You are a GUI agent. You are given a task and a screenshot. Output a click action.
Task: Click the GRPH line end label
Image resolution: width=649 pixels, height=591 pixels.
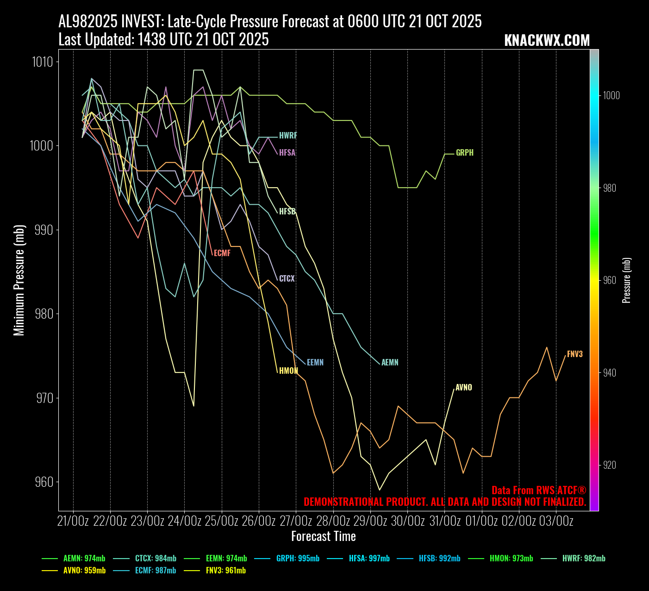click(464, 153)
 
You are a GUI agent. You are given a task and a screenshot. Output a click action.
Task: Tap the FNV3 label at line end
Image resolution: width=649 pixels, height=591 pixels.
click(574, 354)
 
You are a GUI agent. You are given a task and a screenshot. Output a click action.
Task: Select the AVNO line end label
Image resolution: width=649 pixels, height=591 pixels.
click(463, 388)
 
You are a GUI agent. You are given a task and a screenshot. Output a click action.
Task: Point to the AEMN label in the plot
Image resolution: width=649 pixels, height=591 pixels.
click(390, 363)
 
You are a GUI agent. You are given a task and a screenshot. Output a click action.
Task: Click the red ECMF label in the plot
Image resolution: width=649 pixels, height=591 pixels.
click(222, 253)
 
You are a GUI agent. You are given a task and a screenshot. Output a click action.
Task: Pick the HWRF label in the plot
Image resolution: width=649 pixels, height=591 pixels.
click(288, 136)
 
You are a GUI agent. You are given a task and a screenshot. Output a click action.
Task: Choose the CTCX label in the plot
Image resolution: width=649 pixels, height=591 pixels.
click(287, 279)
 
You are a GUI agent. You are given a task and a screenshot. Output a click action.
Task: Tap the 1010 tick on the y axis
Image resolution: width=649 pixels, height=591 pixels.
click(42, 62)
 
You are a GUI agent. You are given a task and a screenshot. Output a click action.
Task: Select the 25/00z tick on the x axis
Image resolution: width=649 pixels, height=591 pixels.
click(221, 521)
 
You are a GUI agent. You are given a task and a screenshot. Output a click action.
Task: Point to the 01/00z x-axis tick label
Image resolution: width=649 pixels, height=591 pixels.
click(481, 521)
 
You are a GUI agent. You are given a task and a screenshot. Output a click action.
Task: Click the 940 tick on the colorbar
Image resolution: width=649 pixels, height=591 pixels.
click(611, 373)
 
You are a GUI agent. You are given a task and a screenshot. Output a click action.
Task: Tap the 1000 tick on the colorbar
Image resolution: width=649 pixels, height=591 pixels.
click(611, 95)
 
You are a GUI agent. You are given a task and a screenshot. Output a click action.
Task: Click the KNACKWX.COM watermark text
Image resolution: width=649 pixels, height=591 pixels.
click(547, 41)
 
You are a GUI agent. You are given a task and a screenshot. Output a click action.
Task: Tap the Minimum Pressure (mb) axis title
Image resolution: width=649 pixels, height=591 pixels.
click(19, 286)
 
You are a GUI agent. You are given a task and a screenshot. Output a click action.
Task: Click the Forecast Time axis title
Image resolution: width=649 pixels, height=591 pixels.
click(324, 537)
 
